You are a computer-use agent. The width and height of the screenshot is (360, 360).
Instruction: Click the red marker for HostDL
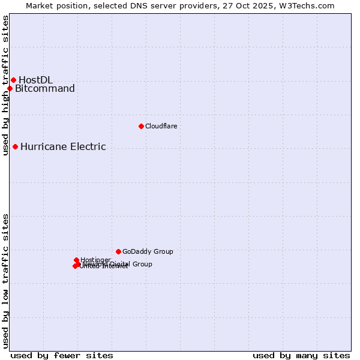pos(13,80)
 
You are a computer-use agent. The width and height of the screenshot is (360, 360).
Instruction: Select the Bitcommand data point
pos(10,89)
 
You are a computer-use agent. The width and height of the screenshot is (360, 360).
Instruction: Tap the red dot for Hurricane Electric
pos(15,146)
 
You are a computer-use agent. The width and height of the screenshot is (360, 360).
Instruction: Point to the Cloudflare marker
pos(141,126)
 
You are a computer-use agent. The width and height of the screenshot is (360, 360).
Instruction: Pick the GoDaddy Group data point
pos(118,251)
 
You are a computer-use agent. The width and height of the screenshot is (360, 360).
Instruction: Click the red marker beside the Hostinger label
pos(76,260)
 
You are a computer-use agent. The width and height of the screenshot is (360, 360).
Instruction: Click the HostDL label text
pos(35,80)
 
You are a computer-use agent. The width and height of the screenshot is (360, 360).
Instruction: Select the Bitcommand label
pos(45,89)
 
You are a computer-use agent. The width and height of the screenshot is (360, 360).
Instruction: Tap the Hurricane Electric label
pos(63,146)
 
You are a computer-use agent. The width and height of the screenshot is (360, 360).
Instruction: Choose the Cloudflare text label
pos(161,126)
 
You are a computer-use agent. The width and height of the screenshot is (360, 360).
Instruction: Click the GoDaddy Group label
pos(148,251)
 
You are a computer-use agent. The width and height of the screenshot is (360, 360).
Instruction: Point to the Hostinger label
pos(95,260)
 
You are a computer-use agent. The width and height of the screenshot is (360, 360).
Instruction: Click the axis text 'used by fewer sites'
pos(62,355)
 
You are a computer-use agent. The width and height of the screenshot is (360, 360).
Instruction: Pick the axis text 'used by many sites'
pos(301,355)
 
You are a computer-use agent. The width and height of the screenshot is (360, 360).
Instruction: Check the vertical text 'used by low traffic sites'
pos(5,281)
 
